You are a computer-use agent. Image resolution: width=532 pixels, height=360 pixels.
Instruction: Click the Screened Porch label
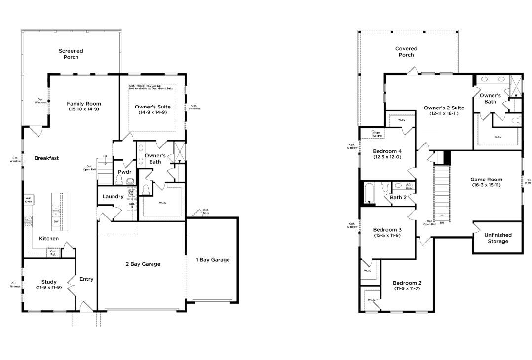pyautogui.click(x=71, y=54)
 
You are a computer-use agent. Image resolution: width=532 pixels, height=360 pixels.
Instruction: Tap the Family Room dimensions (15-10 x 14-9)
pyautogui.click(x=84, y=109)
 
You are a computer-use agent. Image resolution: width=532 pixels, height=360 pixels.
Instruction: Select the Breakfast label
pyautogui.click(x=46, y=158)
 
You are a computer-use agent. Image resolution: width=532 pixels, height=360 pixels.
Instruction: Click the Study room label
pyautogui.click(x=48, y=282)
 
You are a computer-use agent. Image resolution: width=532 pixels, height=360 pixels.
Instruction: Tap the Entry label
pyautogui.click(x=86, y=279)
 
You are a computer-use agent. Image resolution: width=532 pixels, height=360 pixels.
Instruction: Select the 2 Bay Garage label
pyautogui.click(x=143, y=264)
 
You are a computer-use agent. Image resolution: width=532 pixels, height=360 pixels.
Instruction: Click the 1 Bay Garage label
pyautogui.click(x=213, y=260)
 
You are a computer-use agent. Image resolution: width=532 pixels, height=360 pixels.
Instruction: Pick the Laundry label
pyautogui.click(x=113, y=197)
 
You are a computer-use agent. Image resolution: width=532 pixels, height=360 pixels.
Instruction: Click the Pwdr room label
pyautogui.click(x=123, y=172)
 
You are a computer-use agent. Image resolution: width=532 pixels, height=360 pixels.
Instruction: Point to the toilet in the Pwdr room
pyautogui.click(x=130, y=181)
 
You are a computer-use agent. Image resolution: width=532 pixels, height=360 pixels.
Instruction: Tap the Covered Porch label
pyautogui.click(x=406, y=52)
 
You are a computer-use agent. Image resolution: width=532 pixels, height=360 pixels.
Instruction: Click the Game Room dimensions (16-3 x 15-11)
pyautogui.click(x=486, y=185)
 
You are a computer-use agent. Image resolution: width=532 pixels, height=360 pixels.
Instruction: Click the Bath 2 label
pyautogui.click(x=398, y=198)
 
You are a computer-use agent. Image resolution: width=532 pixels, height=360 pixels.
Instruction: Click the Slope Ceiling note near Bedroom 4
pyautogui.click(x=376, y=134)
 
